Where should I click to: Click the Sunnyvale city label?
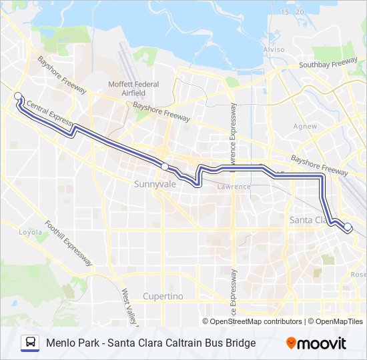pos(154,183)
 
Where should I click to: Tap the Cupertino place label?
pos(163,296)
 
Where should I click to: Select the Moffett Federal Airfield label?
pos(133,89)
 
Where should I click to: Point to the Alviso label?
pos(274,50)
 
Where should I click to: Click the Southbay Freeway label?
pos(328,65)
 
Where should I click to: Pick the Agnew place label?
pos(305,125)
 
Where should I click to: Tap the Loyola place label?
pos(30,233)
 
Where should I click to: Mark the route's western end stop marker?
pos(18,96)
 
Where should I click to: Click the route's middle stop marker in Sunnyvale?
pos(164,166)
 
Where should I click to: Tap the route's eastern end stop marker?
pos(348,227)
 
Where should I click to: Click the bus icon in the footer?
pos(30,343)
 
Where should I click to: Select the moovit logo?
pos(316,343)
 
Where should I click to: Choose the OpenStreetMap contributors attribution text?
pos(256,321)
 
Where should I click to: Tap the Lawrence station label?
pos(234,187)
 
